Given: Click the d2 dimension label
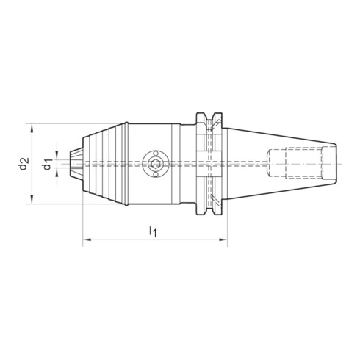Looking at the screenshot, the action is coord(24,164).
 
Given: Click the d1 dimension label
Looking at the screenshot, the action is coord(47,164).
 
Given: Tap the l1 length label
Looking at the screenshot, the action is coord(153,231).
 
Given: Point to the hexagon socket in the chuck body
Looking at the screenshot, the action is coord(155,164).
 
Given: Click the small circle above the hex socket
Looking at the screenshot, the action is coord(155,154).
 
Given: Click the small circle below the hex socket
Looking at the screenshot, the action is coord(155,174).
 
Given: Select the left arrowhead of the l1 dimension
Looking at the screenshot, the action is coord(87,240).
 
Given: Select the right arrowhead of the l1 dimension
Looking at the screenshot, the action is coord(223,240).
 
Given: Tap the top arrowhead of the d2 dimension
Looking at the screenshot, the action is coord(32,128).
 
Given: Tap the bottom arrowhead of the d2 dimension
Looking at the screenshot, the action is coord(32,199).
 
